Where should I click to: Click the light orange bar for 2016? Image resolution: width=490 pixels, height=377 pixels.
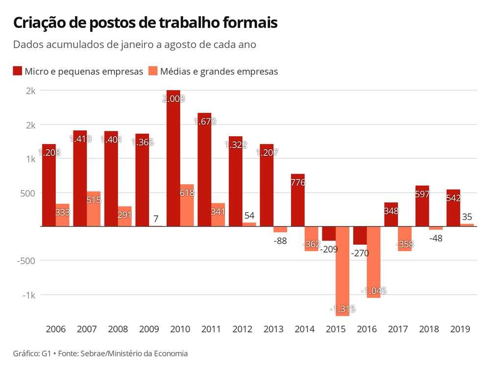373,262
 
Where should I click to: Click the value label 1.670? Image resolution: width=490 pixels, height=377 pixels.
204,122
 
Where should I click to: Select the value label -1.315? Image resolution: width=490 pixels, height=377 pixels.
343,309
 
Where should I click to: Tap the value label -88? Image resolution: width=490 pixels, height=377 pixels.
280,240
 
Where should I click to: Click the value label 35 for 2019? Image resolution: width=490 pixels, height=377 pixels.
467,216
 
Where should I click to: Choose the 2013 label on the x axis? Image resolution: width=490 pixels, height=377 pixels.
273,329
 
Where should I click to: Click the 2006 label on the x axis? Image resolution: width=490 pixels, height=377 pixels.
55,329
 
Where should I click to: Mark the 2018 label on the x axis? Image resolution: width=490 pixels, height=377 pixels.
429,329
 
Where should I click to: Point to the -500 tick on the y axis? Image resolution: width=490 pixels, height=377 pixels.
26,260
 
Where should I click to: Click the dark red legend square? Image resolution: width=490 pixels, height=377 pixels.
18,71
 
